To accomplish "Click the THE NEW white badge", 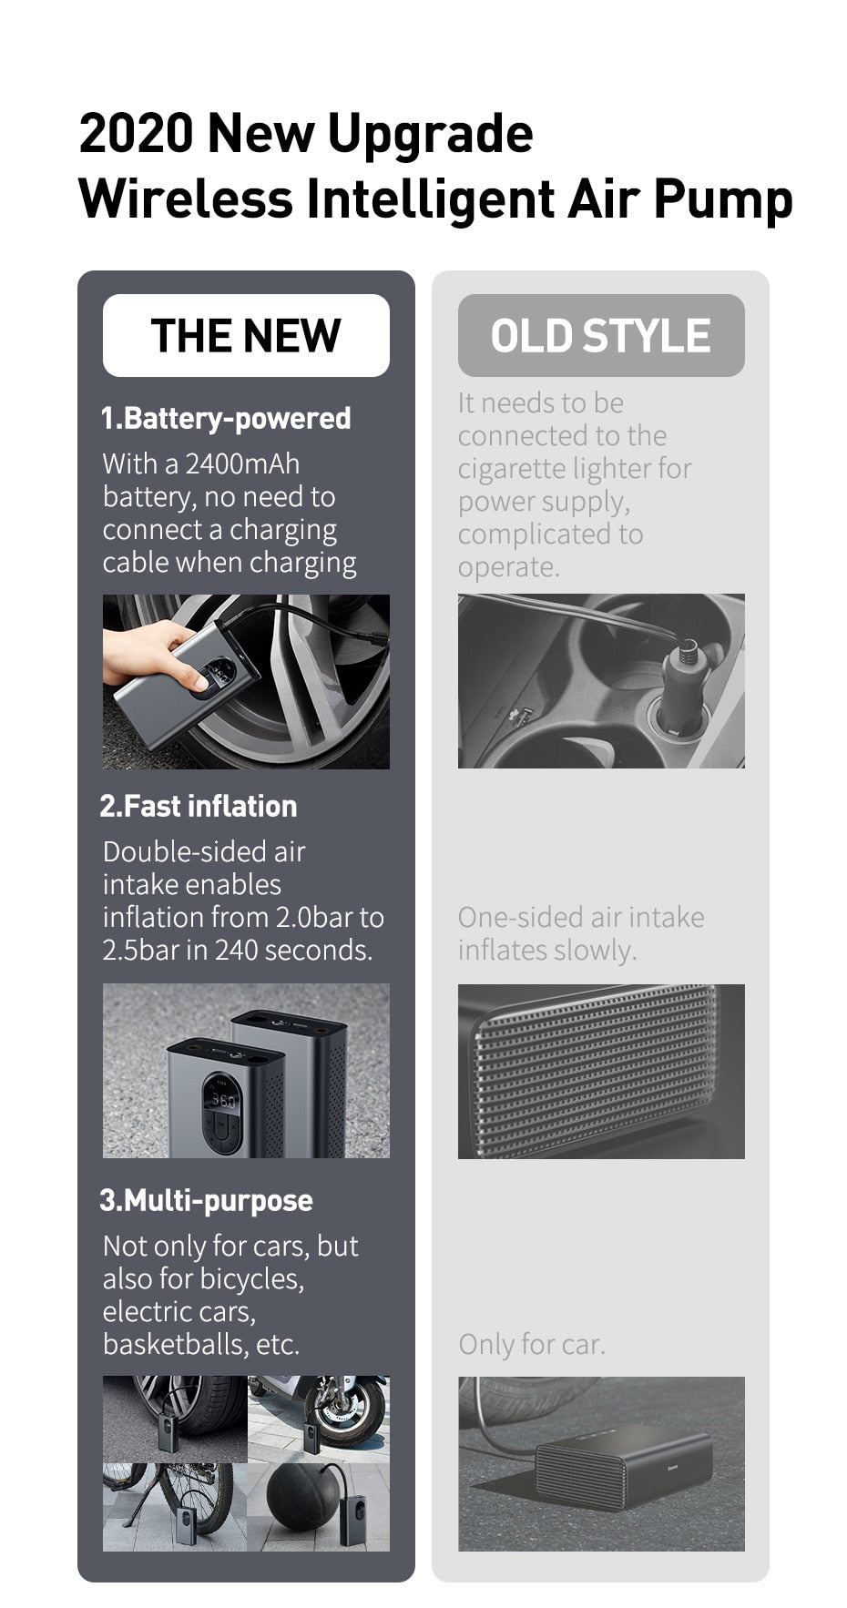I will [246, 335].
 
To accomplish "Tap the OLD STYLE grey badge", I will [601, 335].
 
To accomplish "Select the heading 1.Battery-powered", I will [226, 418].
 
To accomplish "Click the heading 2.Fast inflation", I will [199, 806].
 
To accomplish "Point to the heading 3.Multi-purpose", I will [206, 1200].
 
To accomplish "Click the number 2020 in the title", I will [137, 133].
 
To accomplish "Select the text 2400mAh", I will [242, 463].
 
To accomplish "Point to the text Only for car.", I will [532, 1344].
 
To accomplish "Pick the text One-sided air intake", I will [581, 917].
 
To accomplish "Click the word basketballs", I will [172, 1344].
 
